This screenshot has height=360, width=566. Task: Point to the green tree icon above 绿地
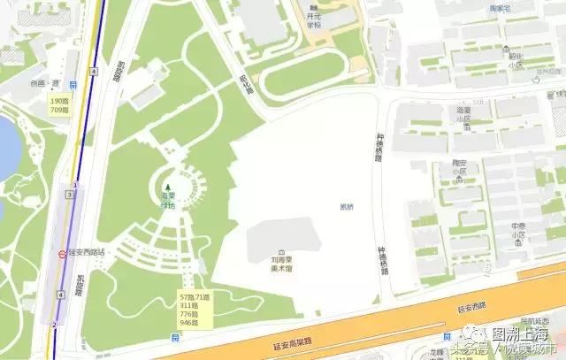coord(167,187)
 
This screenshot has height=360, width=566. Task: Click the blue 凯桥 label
coord(346,207)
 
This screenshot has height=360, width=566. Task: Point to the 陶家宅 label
coord(525,7)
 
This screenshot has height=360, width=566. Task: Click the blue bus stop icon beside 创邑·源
coord(74,85)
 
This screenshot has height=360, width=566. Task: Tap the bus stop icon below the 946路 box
coord(177,337)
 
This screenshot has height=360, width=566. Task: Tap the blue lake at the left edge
coord(7,146)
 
